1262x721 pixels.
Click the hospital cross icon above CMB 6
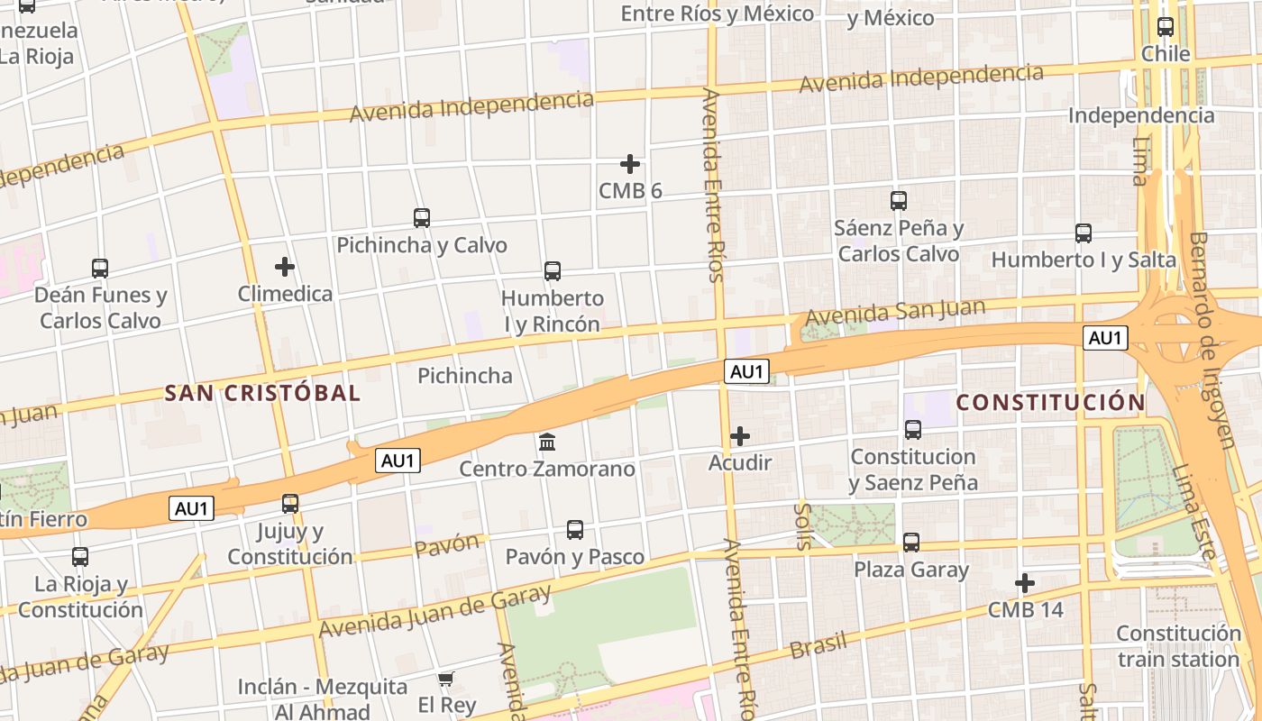coord(630,164)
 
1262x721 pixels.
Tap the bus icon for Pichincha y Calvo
coord(422,218)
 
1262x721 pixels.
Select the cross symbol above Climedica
coord(285,267)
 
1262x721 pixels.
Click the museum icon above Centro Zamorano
coord(547,443)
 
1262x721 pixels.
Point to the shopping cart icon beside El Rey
coord(445,679)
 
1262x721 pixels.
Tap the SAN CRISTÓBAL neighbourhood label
coord(262,393)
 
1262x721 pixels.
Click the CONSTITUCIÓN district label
coord(1050,402)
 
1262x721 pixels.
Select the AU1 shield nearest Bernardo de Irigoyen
coord(1105,338)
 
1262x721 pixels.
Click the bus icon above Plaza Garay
coord(911,543)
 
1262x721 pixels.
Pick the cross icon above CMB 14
coord(1025,583)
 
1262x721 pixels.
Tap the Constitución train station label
coord(1179,646)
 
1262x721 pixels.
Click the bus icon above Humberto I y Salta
coord(1084,233)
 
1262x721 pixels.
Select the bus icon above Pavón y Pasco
coord(575,530)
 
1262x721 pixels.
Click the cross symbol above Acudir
coord(740,436)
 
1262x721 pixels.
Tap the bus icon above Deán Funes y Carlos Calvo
coord(100,268)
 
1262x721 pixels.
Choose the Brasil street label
coord(818,643)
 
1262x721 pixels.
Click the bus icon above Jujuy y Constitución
coord(290,504)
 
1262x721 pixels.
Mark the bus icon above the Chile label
coord(1166,27)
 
